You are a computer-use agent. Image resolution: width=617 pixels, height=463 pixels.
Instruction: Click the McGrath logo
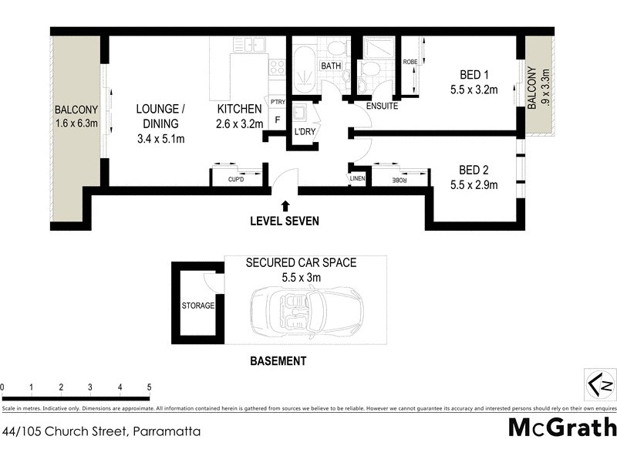pos(562,427)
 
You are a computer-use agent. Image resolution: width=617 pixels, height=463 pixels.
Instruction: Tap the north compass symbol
pos(599,383)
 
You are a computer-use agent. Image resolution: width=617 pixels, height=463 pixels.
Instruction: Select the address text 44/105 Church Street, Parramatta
pos(102,432)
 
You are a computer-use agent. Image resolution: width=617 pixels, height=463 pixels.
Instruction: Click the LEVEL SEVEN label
pos(285,221)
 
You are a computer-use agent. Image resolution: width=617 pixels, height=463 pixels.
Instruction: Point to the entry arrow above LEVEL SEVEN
pos(286,206)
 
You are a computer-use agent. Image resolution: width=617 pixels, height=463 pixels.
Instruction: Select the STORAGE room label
pos(198,306)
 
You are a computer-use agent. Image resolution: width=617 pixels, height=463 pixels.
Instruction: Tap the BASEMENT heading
pos(278,360)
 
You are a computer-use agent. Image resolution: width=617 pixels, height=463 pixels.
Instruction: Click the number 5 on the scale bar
pos(149,387)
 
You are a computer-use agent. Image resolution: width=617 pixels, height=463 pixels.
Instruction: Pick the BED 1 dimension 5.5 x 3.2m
pos(474,90)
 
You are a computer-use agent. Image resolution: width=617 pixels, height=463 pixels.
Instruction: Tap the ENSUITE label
pos(382,106)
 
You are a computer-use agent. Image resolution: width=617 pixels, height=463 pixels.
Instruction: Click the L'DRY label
pos(302,132)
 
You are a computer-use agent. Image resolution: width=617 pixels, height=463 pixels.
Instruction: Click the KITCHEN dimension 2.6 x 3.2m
pos(240,123)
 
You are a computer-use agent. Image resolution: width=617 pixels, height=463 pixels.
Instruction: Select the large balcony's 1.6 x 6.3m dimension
pos(76,123)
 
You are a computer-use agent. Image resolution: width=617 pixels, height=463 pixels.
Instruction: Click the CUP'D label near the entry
pos(235,180)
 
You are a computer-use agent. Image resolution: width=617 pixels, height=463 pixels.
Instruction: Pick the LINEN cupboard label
pos(356,179)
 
